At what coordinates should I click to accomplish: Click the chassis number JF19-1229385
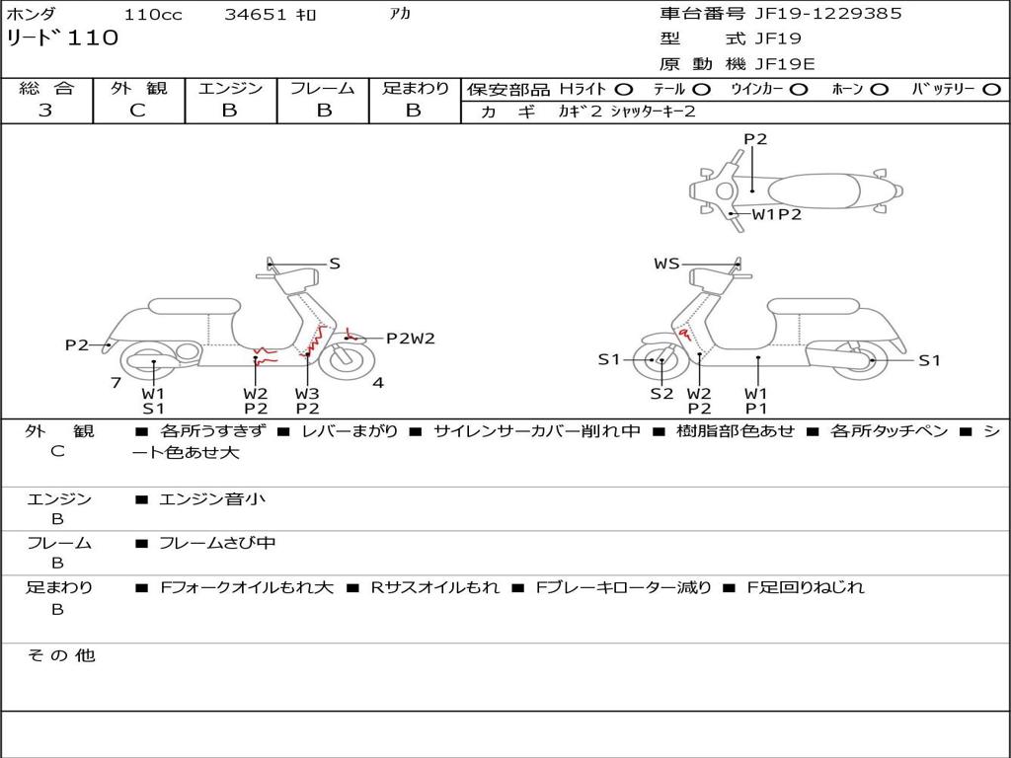(x=828, y=14)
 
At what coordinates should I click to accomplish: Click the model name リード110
(x=62, y=38)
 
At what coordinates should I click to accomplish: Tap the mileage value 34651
(x=255, y=14)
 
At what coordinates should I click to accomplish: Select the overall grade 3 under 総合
(x=45, y=110)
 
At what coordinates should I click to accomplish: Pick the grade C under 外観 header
(x=138, y=110)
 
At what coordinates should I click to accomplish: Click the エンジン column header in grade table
(x=230, y=88)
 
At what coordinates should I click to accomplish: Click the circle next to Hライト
(x=624, y=90)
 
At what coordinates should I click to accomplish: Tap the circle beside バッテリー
(x=991, y=90)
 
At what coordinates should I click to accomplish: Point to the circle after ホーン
(x=879, y=90)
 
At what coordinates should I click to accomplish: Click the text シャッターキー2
(x=653, y=112)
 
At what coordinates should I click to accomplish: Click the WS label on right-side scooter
(x=666, y=264)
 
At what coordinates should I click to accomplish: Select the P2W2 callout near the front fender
(x=411, y=338)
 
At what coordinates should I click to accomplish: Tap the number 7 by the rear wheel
(x=117, y=383)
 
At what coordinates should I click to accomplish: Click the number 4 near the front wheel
(x=378, y=383)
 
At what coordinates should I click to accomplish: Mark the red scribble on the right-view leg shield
(x=684, y=334)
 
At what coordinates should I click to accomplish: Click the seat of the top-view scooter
(x=814, y=191)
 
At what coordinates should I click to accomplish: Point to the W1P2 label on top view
(x=776, y=214)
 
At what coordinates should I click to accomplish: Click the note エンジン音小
(x=211, y=498)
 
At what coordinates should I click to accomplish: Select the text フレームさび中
(x=217, y=543)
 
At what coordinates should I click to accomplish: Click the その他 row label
(x=61, y=655)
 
